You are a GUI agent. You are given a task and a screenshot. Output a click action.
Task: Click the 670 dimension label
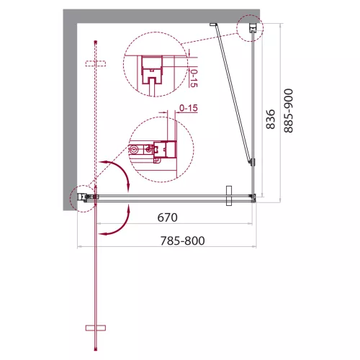tap(167, 217)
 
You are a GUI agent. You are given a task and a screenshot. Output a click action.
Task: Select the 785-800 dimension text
tap(182, 240)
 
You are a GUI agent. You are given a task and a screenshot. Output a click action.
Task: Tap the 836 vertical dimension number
tap(271, 120)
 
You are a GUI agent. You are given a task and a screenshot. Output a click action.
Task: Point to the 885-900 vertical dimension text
tap(288, 111)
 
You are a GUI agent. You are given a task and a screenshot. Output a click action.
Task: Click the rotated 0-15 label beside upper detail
tap(194, 78)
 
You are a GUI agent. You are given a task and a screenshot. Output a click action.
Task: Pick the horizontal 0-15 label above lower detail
tap(189, 108)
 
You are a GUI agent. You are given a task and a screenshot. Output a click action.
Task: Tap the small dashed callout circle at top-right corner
tap(250, 28)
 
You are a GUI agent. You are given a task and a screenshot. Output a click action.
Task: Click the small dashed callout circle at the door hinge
tap(83, 199)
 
